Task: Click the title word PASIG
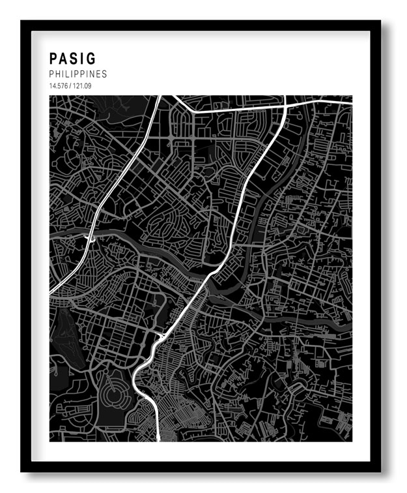click(x=72, y=59)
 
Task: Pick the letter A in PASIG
click(x=63, y=59)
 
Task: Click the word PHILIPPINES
click(x=77, y=74)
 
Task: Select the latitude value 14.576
click(x=57, y=86)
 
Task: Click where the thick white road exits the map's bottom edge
click(x=158, y=440)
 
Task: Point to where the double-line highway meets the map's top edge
click(x=160, y=97)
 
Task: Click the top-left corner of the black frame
click(x=22, y=22)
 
